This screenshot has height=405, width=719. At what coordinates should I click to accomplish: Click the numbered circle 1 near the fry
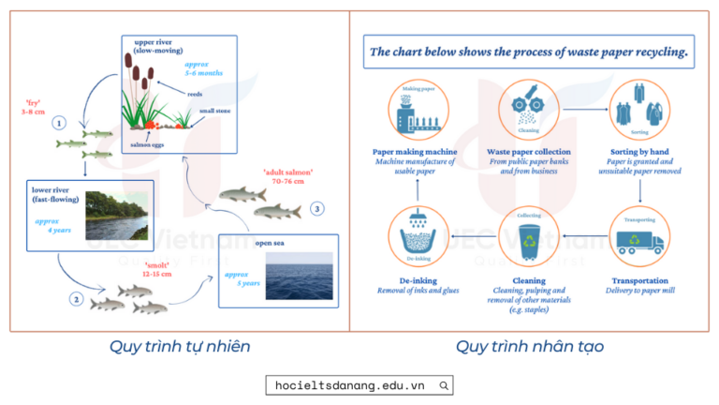pos(60,123)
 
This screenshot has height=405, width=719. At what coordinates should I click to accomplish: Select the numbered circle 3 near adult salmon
pos(317,208)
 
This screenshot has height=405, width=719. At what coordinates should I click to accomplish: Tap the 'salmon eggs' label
pos(149,143)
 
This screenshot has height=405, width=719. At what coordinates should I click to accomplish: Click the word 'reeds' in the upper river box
pos(195,94)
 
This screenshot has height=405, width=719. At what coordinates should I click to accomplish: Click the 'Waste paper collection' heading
pos(529,152)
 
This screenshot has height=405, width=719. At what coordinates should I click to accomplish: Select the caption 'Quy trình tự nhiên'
pos(180,347)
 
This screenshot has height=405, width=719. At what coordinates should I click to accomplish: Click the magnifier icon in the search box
pos(444,384)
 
